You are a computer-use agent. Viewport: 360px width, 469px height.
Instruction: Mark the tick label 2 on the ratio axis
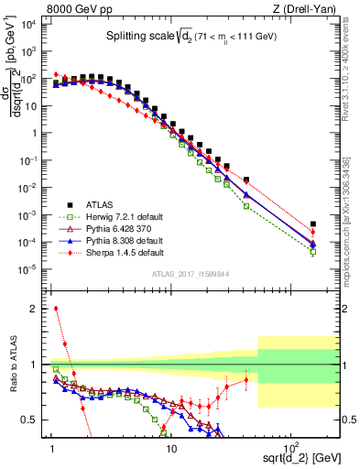point(40,309)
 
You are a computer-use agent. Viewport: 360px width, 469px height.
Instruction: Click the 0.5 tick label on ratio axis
point(37,420)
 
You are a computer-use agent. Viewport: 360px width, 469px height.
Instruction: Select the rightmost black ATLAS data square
point(313,224)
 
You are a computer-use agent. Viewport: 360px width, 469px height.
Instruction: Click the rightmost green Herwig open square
point(313,252)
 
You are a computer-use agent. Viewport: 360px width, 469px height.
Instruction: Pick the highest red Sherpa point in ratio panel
point(56,309)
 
